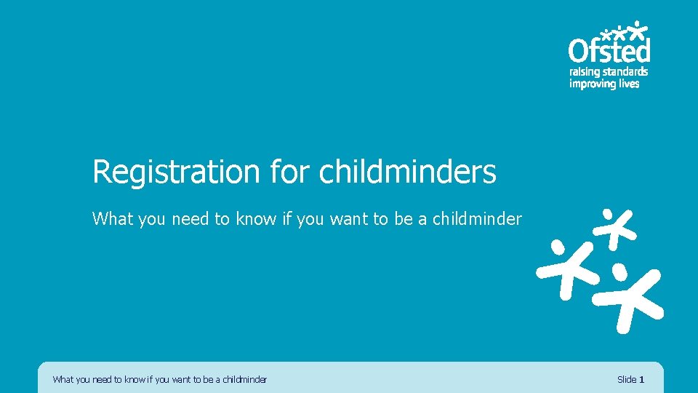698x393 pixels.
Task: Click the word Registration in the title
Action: click(x=176, y=172)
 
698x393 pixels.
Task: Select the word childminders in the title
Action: click(x=408, y=172)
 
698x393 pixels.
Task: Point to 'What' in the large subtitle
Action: click(x=113, y=218)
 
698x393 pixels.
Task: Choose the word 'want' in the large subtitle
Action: click(x=349, y=218)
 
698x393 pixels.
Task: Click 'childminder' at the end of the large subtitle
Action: click(x=477, y=218)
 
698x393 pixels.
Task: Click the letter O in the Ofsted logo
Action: click(x=579, y=51)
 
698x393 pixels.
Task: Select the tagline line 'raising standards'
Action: click(x=608, y=72)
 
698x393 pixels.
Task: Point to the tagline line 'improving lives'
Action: click(x=603, y=84)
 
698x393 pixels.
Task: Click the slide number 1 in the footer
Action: click(x=641, y=379)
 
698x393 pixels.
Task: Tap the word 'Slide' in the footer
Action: click(x=626, y=379)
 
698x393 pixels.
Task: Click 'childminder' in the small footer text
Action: click(x=245, y=379)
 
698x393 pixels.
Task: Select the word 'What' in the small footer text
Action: click(x=63, y=379)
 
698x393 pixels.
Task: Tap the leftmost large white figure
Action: click(x=563, y=263)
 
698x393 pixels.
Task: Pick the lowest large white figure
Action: click(x=629, y=295)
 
